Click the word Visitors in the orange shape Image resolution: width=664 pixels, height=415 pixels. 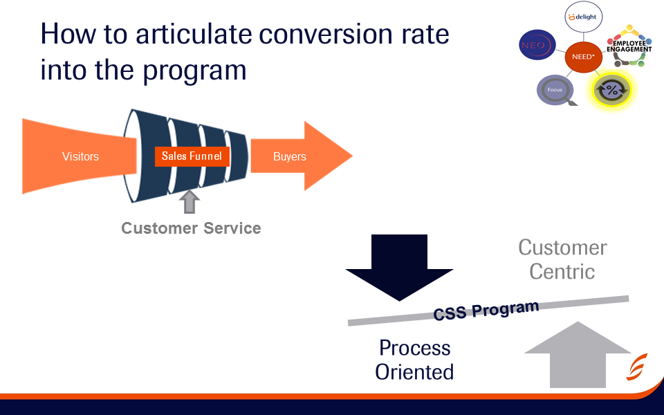click(x=80, y=156)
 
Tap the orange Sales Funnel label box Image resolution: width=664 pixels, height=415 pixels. click(x=192, y=156)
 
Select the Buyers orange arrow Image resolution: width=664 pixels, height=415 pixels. click(x=297, y=156)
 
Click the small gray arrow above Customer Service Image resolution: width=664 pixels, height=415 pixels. click(x=189, y=202)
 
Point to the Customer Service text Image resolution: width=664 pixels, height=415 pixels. click(x=191, y=228)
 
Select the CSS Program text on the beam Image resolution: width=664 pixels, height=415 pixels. click(x=486, y=309)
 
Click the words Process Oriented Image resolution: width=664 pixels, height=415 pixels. click(x=414, y=360)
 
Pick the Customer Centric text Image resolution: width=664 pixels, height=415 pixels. click(x=562, y=259)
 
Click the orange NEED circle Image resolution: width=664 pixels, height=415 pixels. click(x=584, y=57)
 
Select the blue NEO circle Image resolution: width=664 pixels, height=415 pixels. click(x=537, y=46)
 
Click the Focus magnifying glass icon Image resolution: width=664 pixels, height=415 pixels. click(x=557, y=91)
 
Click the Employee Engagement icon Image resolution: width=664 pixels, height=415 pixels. click(x=628, y=46)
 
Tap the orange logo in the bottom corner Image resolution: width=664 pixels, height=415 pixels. click(x=637, y=367)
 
